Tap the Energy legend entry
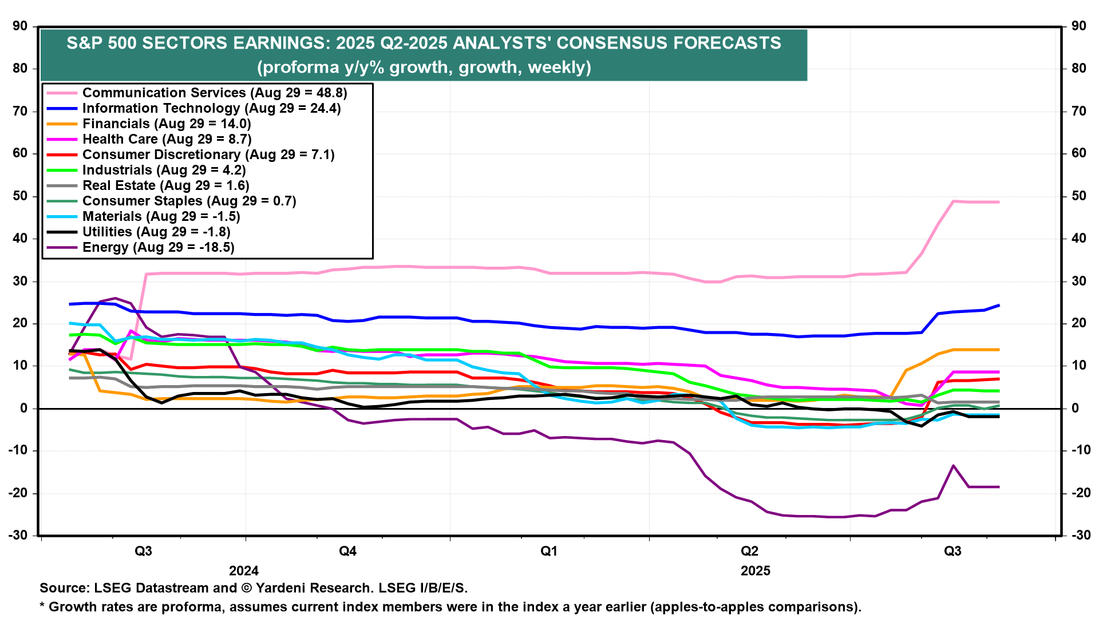click(158, 247)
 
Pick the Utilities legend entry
click(156, 232)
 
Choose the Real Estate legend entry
click(165, 185)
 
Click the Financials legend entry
click(167, 124)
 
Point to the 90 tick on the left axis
click(20, 26)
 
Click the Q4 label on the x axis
click(347, 551)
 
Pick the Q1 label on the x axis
click(549, 551)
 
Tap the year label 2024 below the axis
click(244, 571)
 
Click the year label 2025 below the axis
click(756, 571)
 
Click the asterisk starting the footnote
click(42, 606)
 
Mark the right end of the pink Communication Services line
click(999, 202)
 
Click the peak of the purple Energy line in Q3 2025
click(954, 465)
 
